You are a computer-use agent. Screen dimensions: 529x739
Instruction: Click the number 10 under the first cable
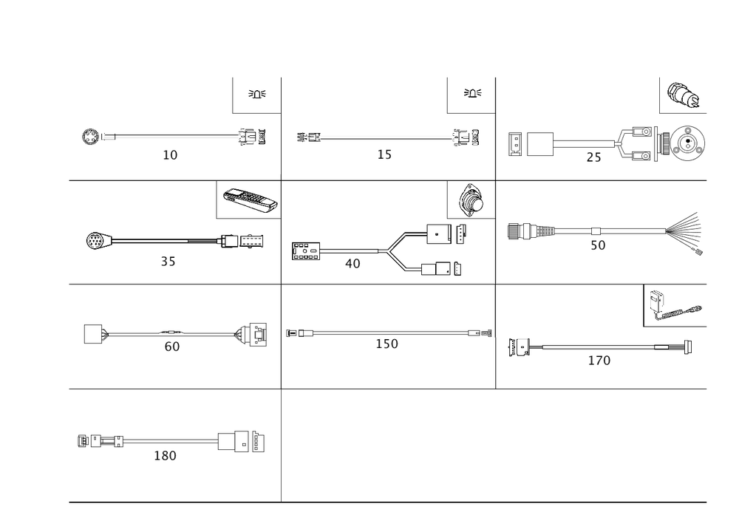point(171,156)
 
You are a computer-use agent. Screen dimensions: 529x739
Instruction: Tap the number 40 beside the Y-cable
point(353,264)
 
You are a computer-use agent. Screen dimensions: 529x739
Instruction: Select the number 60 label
point(171,347)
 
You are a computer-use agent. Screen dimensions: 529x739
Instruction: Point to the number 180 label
point(164,456)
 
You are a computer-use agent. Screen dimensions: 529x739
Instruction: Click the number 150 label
point(387,344)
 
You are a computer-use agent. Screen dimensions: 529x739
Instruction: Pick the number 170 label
point(599,361)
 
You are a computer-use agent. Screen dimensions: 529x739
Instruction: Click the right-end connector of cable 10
point(252,137)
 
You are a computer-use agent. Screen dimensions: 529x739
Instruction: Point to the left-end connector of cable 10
point(92,137)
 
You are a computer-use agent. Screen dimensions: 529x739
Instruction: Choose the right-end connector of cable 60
point(251,335)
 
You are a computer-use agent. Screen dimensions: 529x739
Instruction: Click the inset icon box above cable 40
point(470,198)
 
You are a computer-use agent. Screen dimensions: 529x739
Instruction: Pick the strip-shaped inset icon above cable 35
point(250,199)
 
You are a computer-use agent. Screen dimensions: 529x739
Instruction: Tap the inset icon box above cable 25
point(683,97)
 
